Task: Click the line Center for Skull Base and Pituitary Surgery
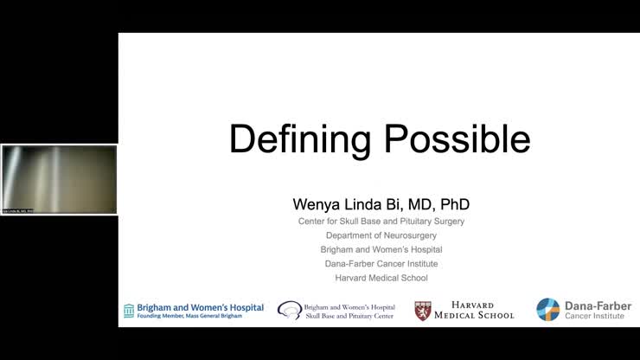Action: click(381, 222)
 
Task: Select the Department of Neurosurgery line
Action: click(381, 235)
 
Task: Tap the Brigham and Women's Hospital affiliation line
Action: click(381, 249)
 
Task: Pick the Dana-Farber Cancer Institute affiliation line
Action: click(381, 263)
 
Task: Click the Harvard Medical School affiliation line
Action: click(381, 278)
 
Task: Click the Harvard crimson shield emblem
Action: click(423, 311)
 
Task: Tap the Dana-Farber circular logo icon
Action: click(547, 310)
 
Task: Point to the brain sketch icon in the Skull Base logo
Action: click(289, 310)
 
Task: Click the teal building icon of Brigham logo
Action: click(129, 310)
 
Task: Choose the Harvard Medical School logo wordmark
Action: click(476, 311)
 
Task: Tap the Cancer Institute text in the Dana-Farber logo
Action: click(594, 317)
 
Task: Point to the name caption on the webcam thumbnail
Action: click(17, 210)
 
